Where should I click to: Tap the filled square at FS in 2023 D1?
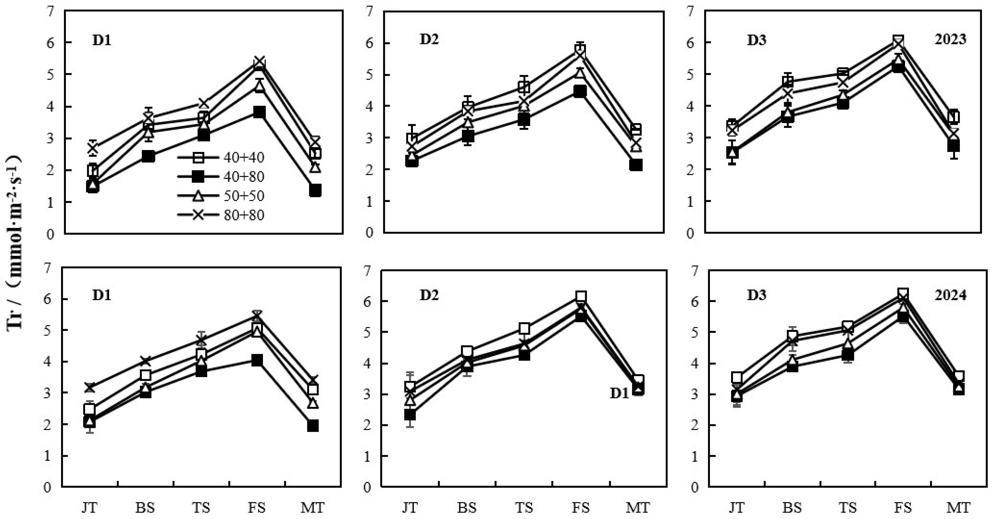(259, 112)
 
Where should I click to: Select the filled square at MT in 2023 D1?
(315, 190)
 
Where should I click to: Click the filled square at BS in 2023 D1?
(148, 156)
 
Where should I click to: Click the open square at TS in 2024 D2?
(524, 329)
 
